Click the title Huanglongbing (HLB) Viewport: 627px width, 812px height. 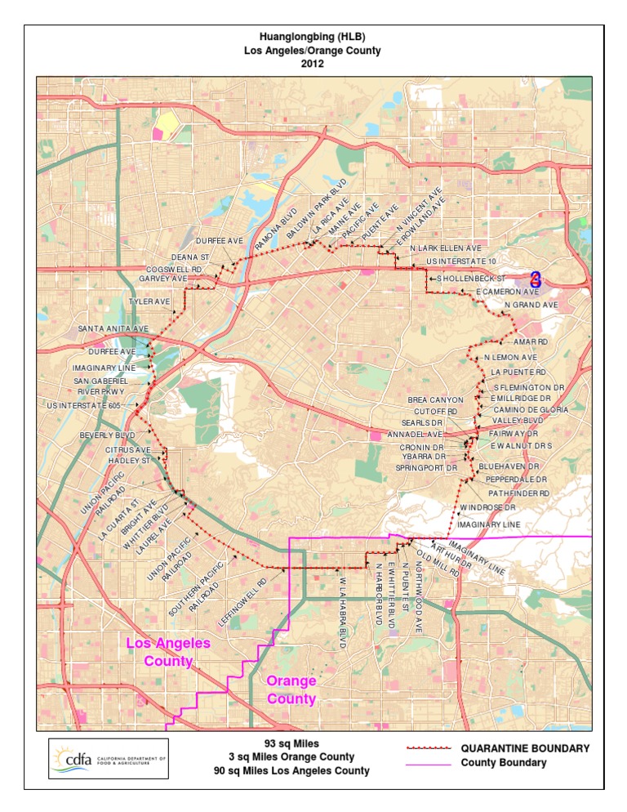pyautogui.click(x=313, y=38)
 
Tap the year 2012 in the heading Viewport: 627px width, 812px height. pyautogui.click(x=313, y=64)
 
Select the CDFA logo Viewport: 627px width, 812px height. pyautogui.click(x=109, y=758)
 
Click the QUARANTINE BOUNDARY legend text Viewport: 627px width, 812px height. pyautogui.click(x=525, y=747)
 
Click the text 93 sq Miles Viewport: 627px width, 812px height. pyautogui.click(x=291, y=744)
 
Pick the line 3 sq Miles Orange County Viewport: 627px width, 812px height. pyautogui.click(x=291, y=757)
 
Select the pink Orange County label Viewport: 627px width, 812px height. pyautogui.click(x=291, y=689)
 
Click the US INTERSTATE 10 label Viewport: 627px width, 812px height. pyautogui.click(x=461, y=261)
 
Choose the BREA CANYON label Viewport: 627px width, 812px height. pyautogui.click(x=435, y=399)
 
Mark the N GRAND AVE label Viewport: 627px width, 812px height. pyautogui.click(x=531, y=305)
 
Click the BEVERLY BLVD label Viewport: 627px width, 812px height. pyautogui.click(x=107, y=435)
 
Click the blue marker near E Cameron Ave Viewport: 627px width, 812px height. pyautogui.click(x=536, y=279)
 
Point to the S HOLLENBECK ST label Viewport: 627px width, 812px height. pyautogui.click(x=472, y=279)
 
